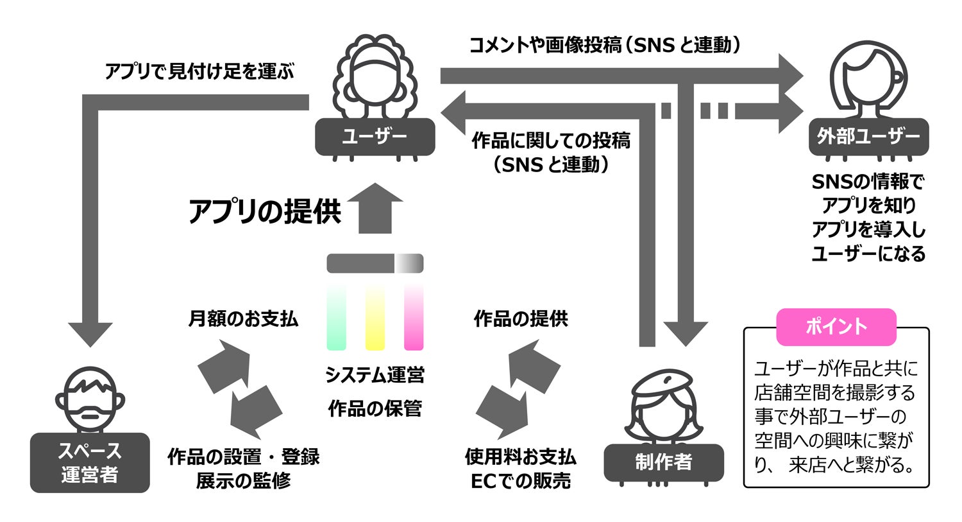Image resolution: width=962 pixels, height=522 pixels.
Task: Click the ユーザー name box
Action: coord(375,136)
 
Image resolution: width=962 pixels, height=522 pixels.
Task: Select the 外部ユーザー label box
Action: coord(868,136)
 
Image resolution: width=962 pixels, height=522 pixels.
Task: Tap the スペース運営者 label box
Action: coord(90,462)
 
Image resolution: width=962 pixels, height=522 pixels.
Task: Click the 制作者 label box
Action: coord(664,462)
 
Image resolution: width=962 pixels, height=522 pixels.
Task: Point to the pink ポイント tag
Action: coord(836,326)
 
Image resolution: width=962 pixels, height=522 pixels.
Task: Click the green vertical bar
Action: coord(336,318)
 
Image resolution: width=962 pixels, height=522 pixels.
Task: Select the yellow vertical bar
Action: coord(375,318)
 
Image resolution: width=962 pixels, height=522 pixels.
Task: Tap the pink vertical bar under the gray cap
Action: coord(414,318)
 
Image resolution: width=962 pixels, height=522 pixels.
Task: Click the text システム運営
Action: coord(375,374)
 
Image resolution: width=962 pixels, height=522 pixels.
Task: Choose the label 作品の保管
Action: coord(375,408)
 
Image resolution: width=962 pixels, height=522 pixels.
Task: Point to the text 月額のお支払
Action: coord(243,318)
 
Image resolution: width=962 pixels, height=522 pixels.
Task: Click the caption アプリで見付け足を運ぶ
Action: coord(199,71)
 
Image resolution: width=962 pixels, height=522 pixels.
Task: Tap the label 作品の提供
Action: coord(521,318)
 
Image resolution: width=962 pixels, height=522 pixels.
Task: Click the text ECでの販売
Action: coord(521,481)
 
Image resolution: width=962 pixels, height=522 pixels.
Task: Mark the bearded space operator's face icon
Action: coord(90,399)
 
